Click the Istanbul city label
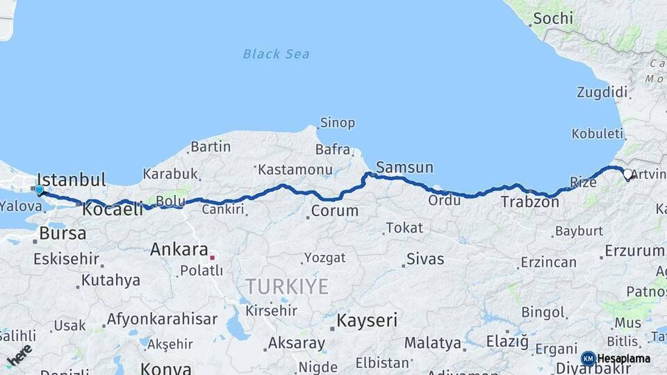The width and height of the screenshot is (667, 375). pyautogui.click(x=71, y=180)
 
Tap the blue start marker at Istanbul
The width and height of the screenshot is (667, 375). pyautogui.click(x=39, y=190)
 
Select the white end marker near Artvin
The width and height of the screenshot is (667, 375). pyautogui.click(x=627, y=174)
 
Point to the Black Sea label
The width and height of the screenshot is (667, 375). pyautogui.click(x=276, y=53)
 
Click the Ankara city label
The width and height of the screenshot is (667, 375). pyautogui.click(x=179, y=249)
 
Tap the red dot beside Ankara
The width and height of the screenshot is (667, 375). pyautogui.click(x=213, y=256)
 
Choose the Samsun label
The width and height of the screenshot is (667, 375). pyautogui.click(x=404, y=167)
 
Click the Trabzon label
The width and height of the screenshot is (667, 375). pyautogui.click(x=529, y=202)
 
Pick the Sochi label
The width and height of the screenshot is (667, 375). pyautogui.click(x=553, y=18)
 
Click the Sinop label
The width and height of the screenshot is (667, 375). pyautogui.click(x=337, y=123)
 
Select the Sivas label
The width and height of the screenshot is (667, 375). pyautogui.click(x=425, y=260)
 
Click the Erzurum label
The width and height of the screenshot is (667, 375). pyautogui.click(x=634, y=251)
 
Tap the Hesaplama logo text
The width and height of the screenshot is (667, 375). pyautogui.click(x=624, y=358)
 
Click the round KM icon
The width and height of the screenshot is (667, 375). pyautogui.click(x=588, y=358)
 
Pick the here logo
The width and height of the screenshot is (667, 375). pyautogui.click(x=19, y=355)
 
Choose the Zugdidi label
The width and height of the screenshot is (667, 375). pyautogui.click(x=602, y=92)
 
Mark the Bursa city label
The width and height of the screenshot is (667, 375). pyautogui.click(x=63, y=233)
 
